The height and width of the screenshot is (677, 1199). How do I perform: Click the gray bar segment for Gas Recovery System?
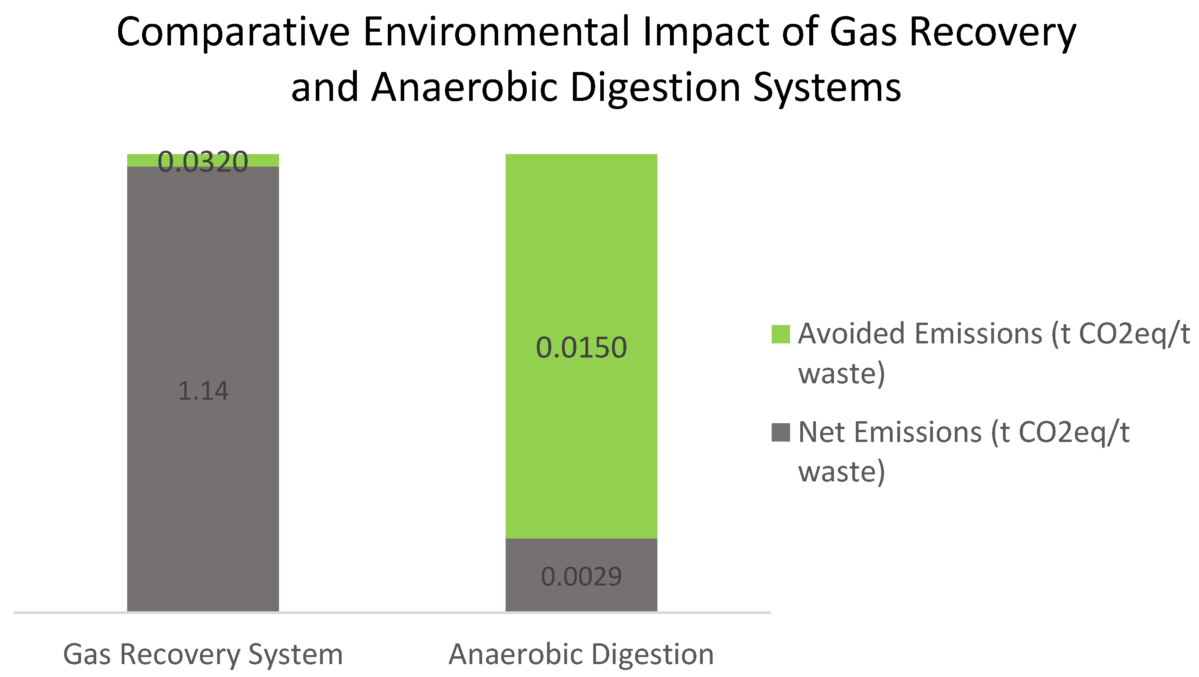point(203,388)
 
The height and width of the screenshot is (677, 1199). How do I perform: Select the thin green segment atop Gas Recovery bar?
point(203,160)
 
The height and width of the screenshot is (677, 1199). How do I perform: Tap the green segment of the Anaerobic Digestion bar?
point(581,346)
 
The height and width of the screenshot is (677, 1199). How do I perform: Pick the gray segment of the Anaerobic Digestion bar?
point(581,575)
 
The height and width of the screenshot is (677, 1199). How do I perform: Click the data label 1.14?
point(203,390)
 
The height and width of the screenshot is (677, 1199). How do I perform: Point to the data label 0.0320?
point(203,162)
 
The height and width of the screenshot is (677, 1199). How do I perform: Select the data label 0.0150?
point(581,348)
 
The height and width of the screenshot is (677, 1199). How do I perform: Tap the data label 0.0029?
point(581,577)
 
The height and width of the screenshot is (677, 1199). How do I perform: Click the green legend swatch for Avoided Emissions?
point(781,334)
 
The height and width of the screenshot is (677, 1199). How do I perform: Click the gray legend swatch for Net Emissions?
point(781,432)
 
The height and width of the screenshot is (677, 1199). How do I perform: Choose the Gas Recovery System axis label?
point(203,655)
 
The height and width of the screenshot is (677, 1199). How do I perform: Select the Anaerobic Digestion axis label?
point(581,654)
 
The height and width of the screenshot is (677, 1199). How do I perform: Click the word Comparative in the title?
point(233,32)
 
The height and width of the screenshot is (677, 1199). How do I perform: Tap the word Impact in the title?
point(706,32)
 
